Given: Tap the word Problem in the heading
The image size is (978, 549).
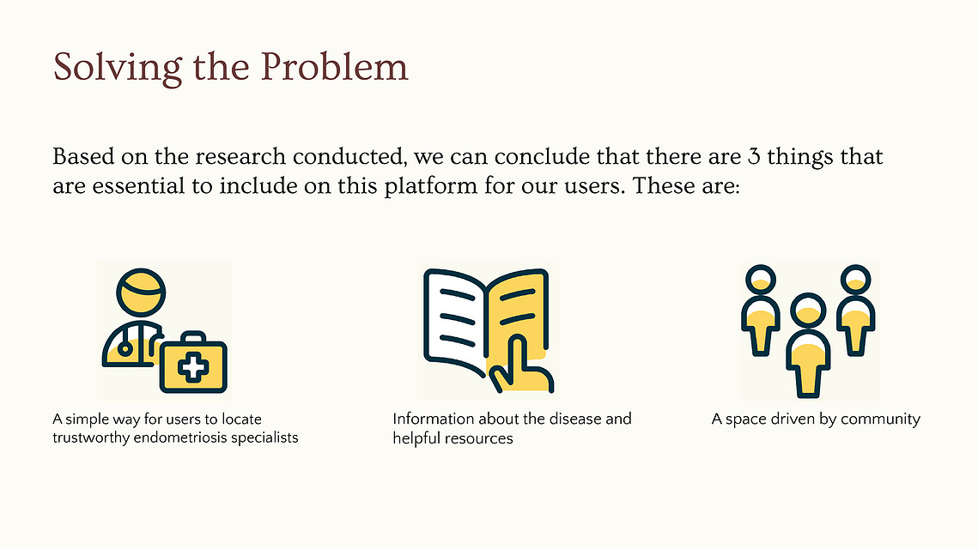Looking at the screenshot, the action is click(x=334, y=66).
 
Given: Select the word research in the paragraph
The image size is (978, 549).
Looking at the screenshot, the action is click(x=240, y=156).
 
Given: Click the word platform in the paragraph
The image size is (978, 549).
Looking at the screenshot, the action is click(x=430, y=186).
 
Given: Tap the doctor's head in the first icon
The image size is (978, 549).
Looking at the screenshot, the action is click(x=141, y=293).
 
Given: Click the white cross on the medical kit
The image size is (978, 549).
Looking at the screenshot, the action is click(x=193, y=367).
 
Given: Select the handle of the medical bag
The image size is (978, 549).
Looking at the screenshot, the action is click(x=193, y=337).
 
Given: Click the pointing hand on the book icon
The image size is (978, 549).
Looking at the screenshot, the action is click(x=520, y=365).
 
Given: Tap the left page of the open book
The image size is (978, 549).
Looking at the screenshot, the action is click(x=455, y=321).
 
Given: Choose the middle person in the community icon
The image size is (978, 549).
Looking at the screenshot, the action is click(x=808, y=345).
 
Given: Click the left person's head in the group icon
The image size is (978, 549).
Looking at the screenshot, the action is click(x=761, y=280).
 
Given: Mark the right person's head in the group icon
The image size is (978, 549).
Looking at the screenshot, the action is click(x=856, y=280).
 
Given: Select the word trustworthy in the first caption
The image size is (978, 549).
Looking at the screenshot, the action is click(x=91, y=438).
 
